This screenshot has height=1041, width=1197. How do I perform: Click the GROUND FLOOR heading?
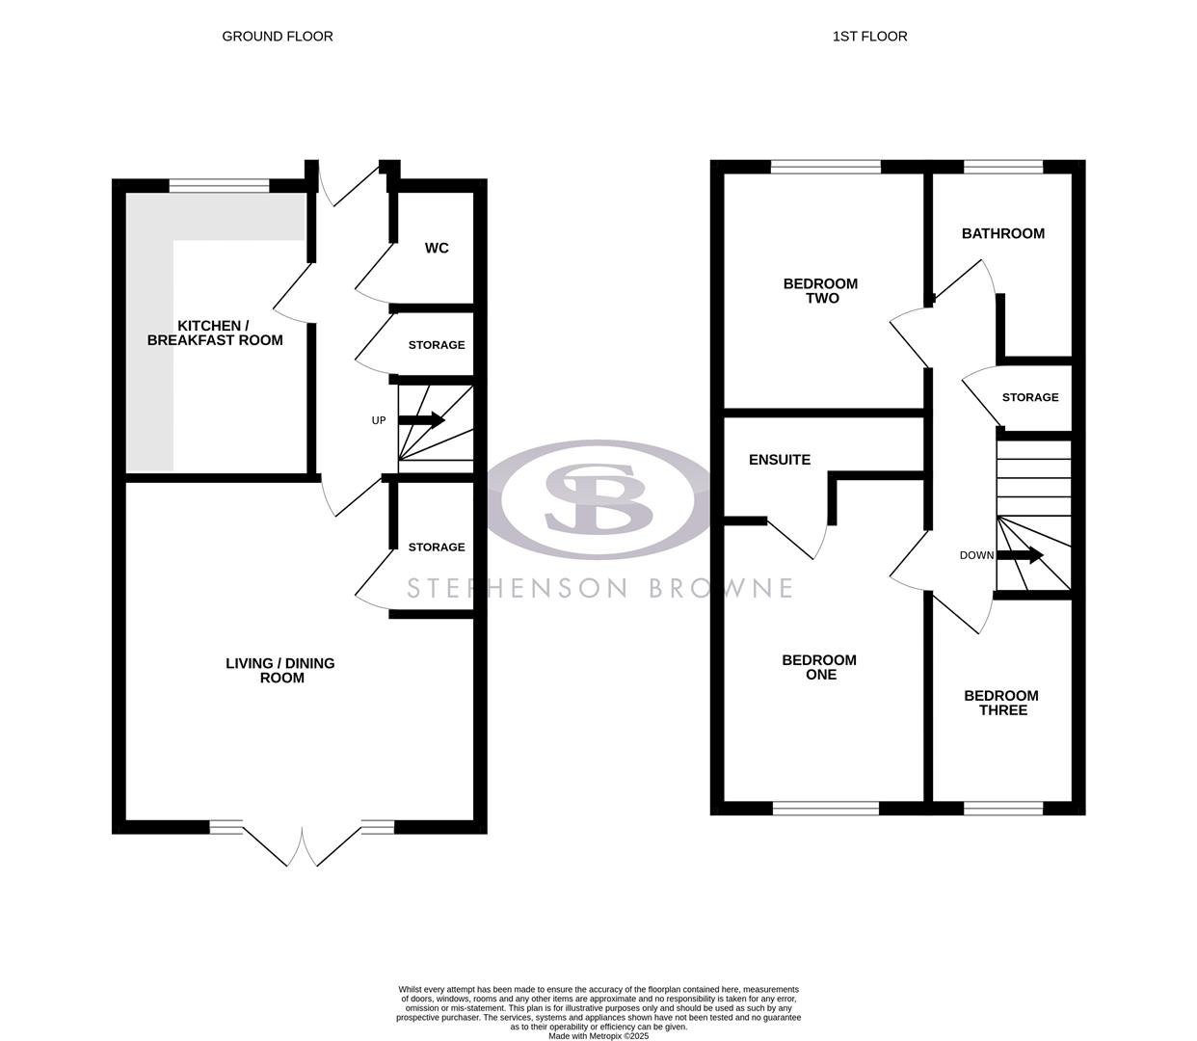click(278, 37)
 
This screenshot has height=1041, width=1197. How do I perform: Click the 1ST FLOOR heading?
click(869, 37)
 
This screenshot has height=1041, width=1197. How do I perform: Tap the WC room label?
click(437, 249)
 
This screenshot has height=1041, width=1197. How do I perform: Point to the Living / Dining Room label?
click(280, 670)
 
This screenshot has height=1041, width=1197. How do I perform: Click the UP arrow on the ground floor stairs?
click(421, 420)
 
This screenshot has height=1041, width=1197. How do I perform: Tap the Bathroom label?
click(1002, 233)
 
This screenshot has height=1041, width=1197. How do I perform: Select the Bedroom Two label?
click(820, 291)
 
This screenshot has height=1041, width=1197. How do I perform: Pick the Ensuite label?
click(780, 460)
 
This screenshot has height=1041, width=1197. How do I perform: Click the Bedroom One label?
click(819, 667)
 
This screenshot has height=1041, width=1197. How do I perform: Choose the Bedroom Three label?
click(1001, 703)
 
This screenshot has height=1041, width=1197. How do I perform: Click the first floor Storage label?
click(1029, 397)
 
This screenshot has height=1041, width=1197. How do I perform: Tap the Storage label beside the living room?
click(436, 547)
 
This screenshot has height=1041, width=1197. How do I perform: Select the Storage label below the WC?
click(436, 345)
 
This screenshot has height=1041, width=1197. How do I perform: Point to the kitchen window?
click(220, 185)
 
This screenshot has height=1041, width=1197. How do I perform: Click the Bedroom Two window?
click(826, 167)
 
